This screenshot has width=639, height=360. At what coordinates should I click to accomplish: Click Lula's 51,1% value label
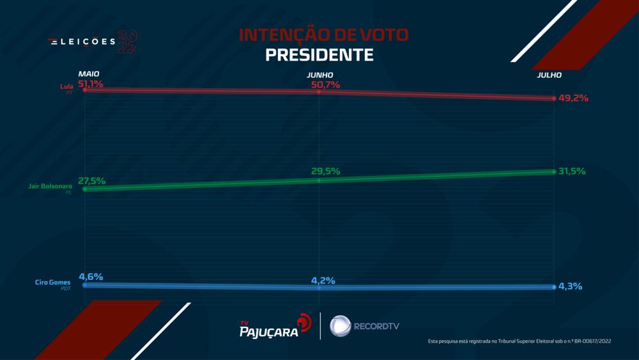(91, 84)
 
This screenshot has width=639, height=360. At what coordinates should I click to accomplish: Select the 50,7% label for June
(325, 84)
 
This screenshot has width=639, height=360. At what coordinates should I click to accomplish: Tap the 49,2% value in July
(573, 98)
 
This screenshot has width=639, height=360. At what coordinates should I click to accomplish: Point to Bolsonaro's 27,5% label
(92, 181)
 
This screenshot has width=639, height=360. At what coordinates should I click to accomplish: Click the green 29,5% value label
(325, 171)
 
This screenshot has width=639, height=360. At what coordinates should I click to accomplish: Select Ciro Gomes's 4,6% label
(91, 277)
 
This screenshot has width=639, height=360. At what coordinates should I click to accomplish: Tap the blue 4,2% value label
(324, 281)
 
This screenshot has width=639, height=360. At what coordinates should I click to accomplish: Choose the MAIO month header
(89, 75)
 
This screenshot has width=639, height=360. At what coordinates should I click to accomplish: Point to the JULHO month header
(550, 75)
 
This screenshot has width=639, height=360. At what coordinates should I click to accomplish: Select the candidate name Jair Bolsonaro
(51, 186)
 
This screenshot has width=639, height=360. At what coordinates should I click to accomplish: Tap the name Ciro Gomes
(53, 282)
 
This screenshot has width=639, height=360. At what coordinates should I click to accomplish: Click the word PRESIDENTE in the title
(319, 55)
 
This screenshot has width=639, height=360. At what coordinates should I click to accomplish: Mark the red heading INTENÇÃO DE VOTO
(319, 35)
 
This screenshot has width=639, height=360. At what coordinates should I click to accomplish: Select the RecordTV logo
(364, 326)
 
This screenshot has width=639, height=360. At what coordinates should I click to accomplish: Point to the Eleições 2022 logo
(93, 42)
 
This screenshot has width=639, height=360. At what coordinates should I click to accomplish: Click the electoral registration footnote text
(520, 342)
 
